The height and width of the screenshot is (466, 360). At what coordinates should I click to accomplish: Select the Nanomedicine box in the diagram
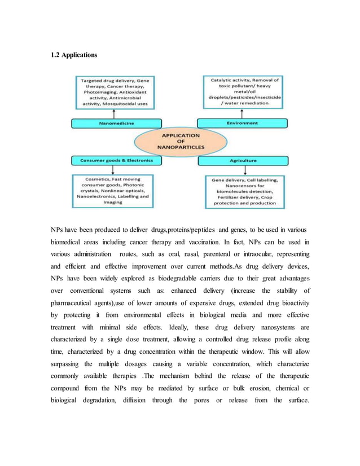coord(116,122)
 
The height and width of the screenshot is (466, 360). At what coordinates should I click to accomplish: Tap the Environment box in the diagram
coord(242,122)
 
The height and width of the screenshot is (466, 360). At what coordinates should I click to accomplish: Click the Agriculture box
coord(242,160)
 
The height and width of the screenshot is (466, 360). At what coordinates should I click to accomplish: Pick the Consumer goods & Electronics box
coord(116,160)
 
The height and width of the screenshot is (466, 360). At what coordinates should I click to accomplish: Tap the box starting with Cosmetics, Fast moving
coord(113,190)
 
